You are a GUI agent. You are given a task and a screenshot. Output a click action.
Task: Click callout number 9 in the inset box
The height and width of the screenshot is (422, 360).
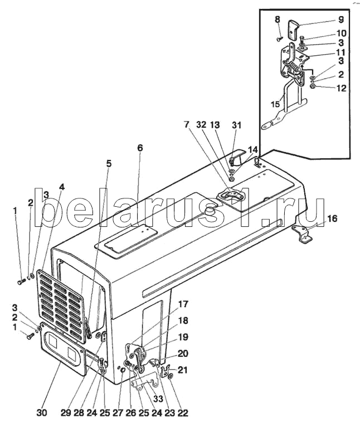341,19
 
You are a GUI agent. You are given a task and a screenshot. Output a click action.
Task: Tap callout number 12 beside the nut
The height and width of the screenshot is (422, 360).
341,88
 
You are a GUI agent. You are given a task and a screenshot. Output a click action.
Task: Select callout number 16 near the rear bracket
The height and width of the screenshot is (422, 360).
332,219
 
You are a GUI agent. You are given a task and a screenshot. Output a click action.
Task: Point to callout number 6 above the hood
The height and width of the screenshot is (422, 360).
140,148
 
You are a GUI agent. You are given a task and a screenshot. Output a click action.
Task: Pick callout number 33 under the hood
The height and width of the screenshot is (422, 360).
158,399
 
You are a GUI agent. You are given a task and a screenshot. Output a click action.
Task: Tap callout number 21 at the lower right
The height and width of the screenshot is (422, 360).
182,370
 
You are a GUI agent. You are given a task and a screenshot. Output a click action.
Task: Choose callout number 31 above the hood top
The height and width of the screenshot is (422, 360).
236,125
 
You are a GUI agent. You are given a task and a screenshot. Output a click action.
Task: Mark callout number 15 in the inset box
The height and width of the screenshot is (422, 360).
275,104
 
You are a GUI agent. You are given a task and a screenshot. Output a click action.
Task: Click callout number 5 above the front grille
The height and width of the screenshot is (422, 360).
109,163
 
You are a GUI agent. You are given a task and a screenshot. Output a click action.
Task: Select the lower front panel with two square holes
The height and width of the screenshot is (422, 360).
64,348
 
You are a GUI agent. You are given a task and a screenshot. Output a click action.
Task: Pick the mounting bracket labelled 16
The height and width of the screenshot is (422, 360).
303,234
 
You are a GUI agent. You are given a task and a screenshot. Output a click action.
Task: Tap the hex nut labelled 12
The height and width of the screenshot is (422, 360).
313,86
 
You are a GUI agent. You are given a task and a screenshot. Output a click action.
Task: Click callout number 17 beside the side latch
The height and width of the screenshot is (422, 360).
183,304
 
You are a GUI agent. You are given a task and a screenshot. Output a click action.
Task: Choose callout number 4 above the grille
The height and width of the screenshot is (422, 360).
62,187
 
